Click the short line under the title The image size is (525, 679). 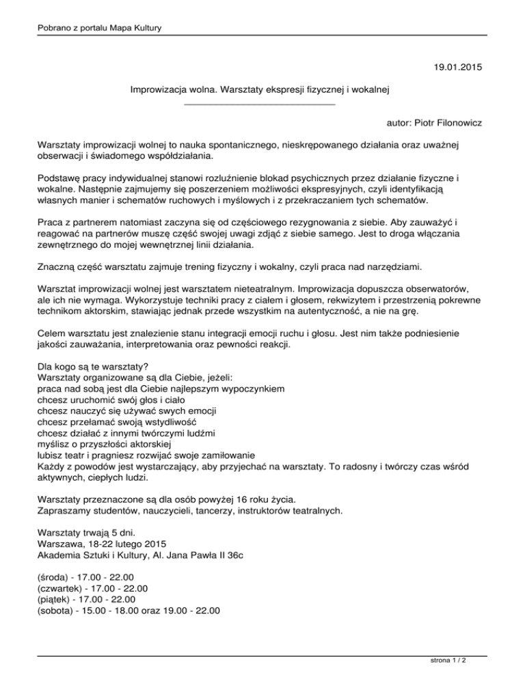(260, 104)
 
